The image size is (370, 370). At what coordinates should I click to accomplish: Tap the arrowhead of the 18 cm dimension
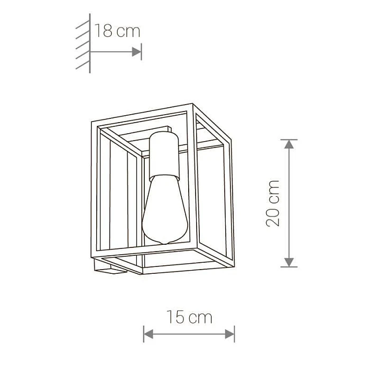pyautogui.click(x=137, y=51)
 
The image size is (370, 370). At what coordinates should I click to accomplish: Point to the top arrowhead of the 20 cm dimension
pyautogui.click(x=288, y=144)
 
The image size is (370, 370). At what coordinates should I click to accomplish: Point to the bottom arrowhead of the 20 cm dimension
pyautogui.click(x=288, y=262)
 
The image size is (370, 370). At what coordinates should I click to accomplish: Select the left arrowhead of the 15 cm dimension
pyautogui.click(x=148, y=334)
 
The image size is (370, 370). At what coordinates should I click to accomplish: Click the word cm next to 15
pyautogui.click(x=200, y=318)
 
